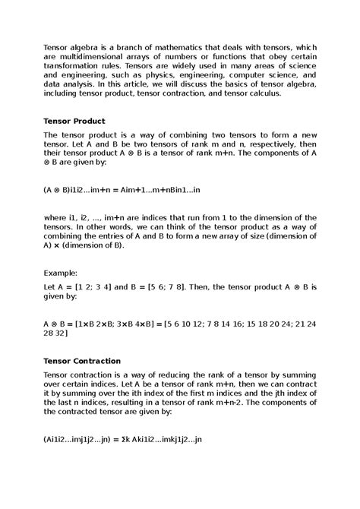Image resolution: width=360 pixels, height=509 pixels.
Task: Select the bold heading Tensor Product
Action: pyautogui.click(x=74, y=121)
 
